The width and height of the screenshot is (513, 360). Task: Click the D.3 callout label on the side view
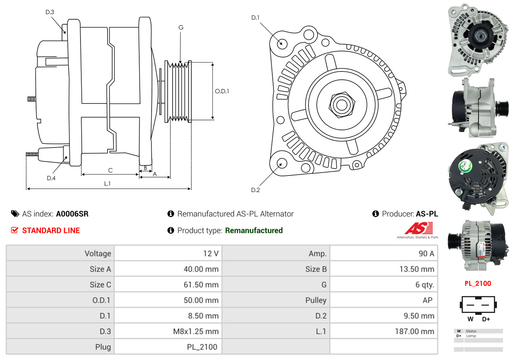[x=50, y=12]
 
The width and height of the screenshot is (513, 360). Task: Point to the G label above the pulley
[x=181, y=28]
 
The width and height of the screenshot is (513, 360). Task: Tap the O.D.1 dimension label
[x=222, y=91]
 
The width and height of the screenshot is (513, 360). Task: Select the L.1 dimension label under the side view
[x=108, y=184]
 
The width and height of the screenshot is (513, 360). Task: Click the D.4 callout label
[x=51, y=178]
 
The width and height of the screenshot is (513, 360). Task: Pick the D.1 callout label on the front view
[x=255, y=18]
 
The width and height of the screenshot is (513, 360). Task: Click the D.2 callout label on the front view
[x=255, y=190]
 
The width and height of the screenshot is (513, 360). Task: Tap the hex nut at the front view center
[x=342, y=105]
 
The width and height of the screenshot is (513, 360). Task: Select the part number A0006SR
[x=72, y=214]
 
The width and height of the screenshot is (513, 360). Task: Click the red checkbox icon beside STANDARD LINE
[x=15, y=230]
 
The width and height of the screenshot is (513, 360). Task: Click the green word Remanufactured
[x=254, y=230]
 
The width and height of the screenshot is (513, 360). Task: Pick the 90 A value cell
[x=384, y=254]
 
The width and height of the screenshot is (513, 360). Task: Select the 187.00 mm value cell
[x=384, y=331]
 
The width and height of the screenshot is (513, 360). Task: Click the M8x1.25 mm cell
[x=168, y=331]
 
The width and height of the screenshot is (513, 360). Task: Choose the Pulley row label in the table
[x=316, y=300]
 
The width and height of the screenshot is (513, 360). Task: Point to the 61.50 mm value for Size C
[x=201, y=285]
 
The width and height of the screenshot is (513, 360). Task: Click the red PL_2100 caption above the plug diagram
[x=478, y=284]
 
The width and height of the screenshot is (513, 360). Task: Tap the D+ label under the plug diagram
[x=486, y=319]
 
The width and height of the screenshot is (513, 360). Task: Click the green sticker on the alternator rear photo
[x=465, y=166]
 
